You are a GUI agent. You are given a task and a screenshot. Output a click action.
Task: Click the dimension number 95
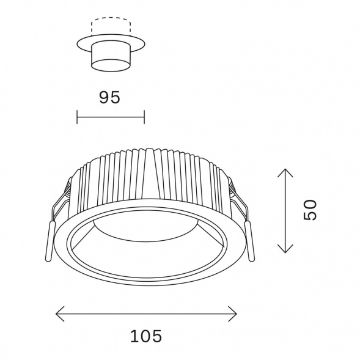[109, 97]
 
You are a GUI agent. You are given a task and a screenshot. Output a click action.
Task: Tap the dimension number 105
[146, 336]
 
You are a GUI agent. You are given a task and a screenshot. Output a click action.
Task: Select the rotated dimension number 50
[310, 210]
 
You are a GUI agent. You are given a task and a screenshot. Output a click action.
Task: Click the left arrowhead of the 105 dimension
[60, 314]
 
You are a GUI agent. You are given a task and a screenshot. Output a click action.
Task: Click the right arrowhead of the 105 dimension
[232, 314]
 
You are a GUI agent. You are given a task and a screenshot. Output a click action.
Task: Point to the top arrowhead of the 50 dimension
[285, 173]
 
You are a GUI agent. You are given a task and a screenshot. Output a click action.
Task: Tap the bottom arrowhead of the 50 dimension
[285, 249]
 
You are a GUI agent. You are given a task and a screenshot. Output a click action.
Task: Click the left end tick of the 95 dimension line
[77, 117]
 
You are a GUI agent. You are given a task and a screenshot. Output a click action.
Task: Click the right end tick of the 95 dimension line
[144, 117]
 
